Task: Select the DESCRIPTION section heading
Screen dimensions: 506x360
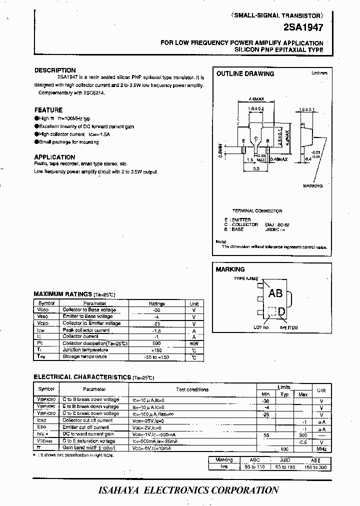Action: pos(55,70)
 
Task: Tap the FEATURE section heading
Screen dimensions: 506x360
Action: pos(48,110)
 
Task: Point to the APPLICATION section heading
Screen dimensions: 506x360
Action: pos(54,156)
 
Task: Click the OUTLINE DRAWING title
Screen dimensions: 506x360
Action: pos(245,73)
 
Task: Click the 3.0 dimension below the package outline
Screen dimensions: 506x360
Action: pos(256,169)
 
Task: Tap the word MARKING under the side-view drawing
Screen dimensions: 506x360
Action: pos(313,186)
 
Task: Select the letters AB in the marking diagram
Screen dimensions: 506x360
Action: pos(275,293)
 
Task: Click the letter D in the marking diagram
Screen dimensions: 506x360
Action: pos(282,312)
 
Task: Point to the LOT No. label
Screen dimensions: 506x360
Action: pos(261,327)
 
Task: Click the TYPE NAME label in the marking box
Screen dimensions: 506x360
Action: pos(246,278)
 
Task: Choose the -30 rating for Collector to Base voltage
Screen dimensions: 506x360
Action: pos(156,310)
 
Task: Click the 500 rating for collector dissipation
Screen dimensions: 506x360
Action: pos(156,343)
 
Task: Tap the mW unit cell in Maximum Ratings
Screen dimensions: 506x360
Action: pos(193,343)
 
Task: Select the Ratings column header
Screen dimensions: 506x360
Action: pos(156,303)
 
